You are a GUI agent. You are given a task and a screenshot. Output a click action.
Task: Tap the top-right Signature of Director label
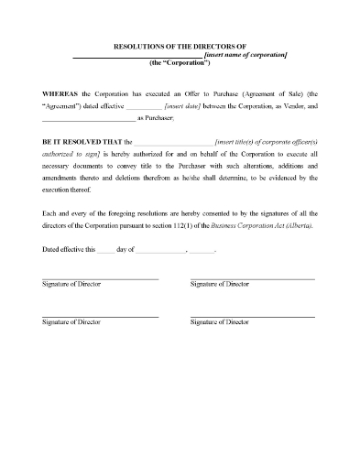(219, 286)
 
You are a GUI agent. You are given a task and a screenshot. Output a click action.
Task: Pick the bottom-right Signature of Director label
(219, 323)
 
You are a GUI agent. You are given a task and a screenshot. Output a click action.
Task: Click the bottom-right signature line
(252, 316)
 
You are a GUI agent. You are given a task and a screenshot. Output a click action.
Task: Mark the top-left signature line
(100, 278)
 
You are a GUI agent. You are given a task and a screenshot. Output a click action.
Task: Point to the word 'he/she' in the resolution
(217, 181)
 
